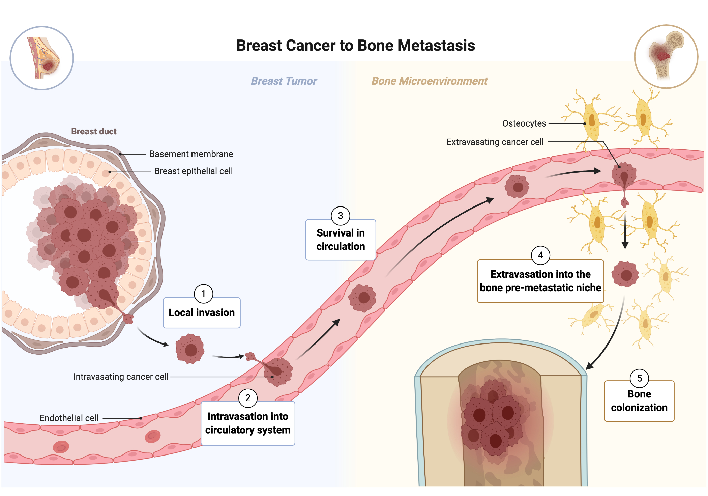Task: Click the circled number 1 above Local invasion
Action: tap(203, 294)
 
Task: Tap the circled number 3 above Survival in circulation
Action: tap(340, 216)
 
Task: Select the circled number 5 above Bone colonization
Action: tap(639, 379)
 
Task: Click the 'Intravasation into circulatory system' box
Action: tap(248, 423)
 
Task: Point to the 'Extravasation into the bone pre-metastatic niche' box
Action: tap(540, 281)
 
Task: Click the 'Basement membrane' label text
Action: tap(191, 154)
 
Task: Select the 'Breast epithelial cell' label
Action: tap(193, 171)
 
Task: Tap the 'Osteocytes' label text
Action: tap(524, 124)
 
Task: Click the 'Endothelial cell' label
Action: tap(69, 418)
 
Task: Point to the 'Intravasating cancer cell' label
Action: tap(121, 377)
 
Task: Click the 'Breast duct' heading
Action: tap(94, 132)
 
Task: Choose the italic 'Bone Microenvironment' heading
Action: tap(429, 81)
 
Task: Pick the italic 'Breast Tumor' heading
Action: tap(284, 81)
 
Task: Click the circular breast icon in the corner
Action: tap(42, 58)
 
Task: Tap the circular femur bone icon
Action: tap(666, 57)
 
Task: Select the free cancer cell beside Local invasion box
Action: tap(190, 349)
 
